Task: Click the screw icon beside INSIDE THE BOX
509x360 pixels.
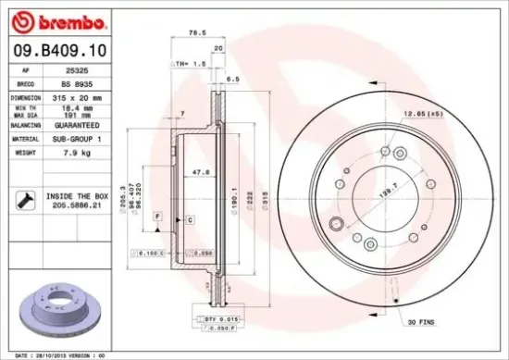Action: point(24,200)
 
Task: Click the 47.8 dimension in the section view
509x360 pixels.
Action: point(198,172)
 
